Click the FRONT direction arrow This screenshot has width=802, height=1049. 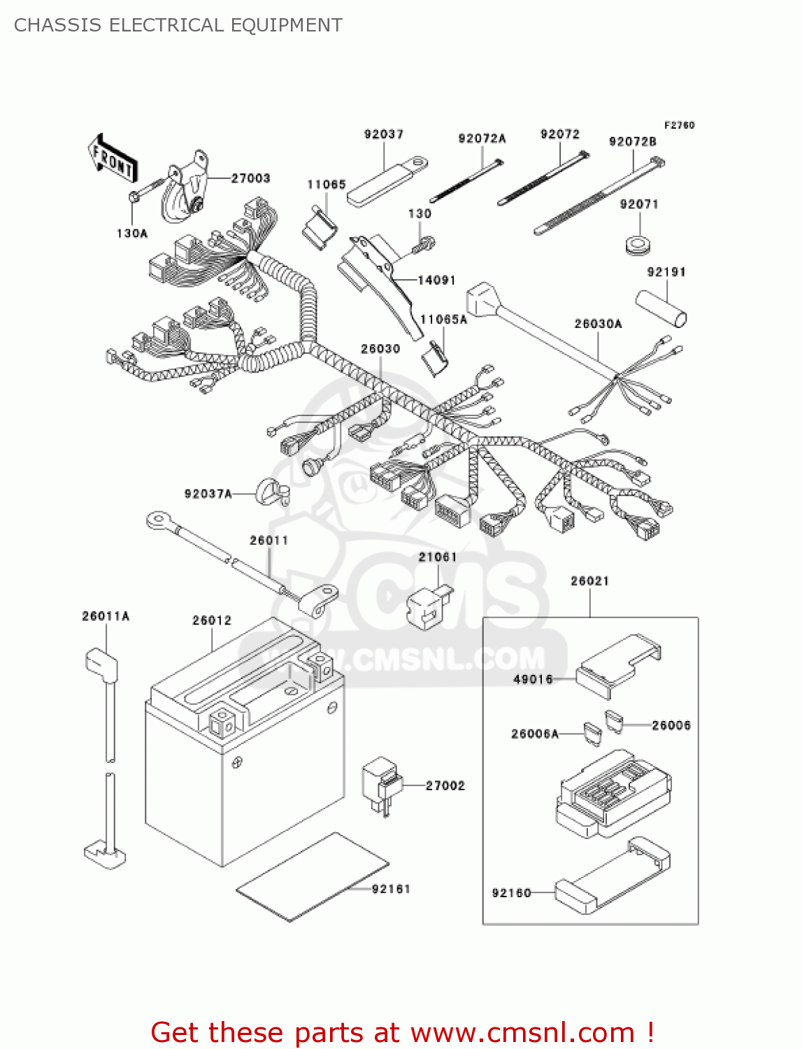tap(112, 159)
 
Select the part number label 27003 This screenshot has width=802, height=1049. tap(250, 178)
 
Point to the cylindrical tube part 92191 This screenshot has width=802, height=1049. tap(661, 308)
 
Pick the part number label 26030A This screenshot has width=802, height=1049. tap(598, 324)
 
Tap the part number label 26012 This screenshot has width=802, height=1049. tap(211, 620)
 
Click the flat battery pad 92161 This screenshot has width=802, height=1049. tap(312, 877)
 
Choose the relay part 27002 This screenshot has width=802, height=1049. tap(380, 785)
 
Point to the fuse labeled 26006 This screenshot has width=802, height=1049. tap(613, 721)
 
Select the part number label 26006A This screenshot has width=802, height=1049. tap(535, 734)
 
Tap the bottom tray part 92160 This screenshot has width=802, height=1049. tap(612, 877)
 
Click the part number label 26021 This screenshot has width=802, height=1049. tap(589, 581)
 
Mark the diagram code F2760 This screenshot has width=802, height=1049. tap(679, 125)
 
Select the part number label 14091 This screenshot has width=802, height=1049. tap(436, 280)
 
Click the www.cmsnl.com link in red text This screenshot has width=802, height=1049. tap(522, 1032)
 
